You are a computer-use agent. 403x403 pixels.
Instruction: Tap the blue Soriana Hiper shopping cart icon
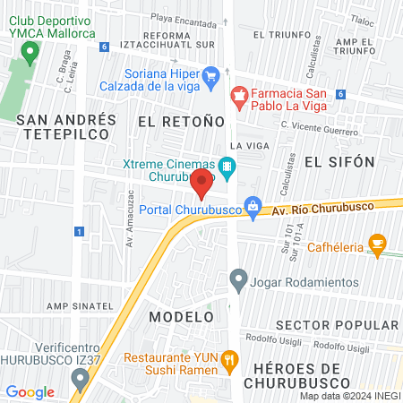pos(211,77)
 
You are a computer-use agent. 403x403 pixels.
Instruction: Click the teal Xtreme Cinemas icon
pos(228,166)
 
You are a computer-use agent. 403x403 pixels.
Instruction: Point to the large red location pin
pos(201,184)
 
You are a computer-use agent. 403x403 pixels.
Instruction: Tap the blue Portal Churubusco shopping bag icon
pos(254,207)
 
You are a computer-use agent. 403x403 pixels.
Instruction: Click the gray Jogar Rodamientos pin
pos(238,281)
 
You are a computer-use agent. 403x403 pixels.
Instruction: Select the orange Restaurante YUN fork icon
pos(230,360)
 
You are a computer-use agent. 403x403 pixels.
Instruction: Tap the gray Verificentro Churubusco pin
pos(81,381)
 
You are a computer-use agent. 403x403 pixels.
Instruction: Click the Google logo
pos(30,391)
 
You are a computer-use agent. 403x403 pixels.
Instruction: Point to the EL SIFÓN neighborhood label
pos(338,161)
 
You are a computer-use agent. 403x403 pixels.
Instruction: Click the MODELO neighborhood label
pos(181,317)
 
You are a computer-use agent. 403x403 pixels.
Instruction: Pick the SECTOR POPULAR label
pos(338,324)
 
